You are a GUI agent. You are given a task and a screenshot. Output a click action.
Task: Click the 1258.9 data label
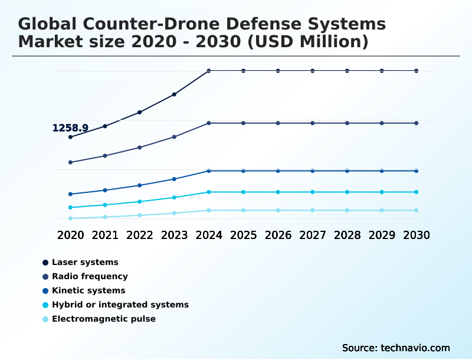tap(70, 128)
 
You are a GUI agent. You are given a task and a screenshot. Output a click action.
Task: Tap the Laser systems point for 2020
tap(71, 137)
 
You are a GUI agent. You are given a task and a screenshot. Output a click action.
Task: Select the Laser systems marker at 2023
tap(174, 94)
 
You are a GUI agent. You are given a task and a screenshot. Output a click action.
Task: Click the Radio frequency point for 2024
tap(209, 123)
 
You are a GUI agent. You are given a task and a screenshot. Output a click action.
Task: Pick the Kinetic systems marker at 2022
tap(140, 185)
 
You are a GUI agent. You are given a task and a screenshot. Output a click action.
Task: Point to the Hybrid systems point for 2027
tap(313, 192)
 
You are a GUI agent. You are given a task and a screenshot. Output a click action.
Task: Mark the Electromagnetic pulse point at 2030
tap(417, 210)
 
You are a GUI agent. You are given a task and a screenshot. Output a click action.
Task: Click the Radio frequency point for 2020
tap(71, 162)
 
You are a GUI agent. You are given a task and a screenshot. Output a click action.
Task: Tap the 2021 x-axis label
tap(105, 235)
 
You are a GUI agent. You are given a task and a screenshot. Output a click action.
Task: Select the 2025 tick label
tap(243, 235)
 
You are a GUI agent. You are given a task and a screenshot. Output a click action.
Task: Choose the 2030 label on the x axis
tap(417, 235)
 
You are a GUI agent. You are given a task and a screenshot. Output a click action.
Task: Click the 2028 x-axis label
tap(347, 235)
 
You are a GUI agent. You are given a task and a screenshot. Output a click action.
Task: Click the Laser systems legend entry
tap(85, 262)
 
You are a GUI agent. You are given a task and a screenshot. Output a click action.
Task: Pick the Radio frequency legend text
tap(90, 276)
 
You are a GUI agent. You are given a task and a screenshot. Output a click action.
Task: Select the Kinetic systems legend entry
tap(88, 290)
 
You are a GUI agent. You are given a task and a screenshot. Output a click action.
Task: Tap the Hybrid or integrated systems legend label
tap(120, 305)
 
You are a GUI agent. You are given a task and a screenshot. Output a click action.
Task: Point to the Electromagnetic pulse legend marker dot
tap(45, 319)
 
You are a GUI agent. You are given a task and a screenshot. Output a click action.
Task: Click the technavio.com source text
tap(415, 348)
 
